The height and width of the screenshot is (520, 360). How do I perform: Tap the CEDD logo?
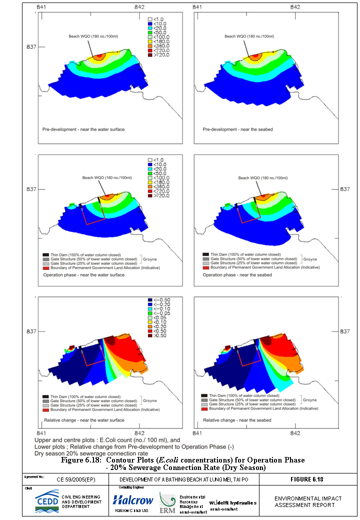click(x=46, y=502)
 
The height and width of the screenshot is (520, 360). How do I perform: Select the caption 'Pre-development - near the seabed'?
click(x=237, y=129)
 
